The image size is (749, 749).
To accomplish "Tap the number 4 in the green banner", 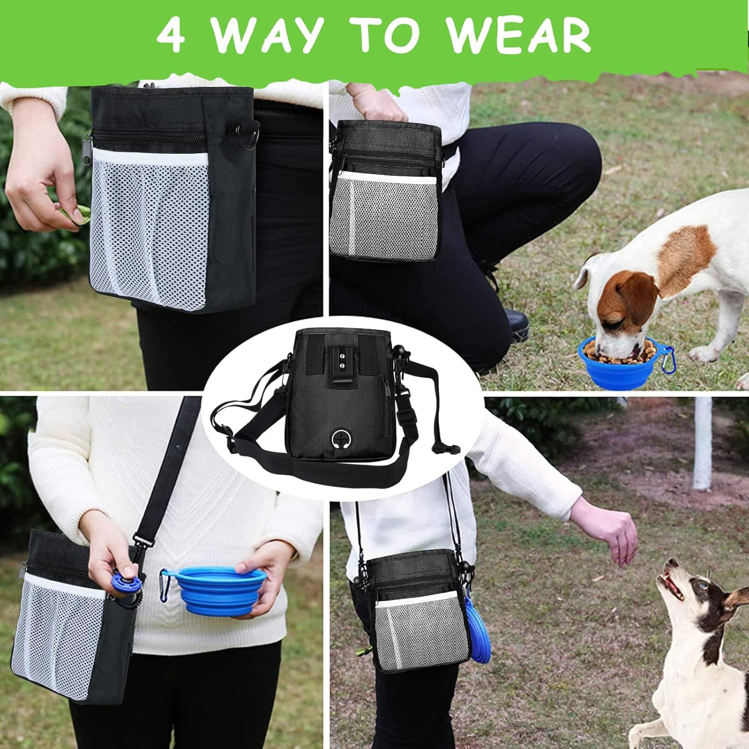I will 170,36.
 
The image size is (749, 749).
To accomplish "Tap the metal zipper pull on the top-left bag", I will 87,149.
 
